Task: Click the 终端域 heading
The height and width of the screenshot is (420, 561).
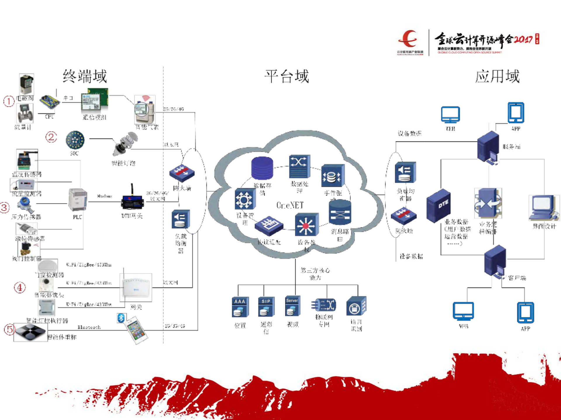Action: (x=85, y=76)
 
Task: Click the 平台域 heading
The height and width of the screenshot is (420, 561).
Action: (x=287, y=76)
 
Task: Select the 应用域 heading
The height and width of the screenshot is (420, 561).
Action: (x=497, y=76)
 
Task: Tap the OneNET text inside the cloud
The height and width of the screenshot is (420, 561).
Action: (x=290, y=205)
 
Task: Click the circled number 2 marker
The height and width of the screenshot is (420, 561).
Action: (x=51, y=137)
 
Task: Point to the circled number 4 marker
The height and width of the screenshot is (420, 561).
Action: (x=20, y=287)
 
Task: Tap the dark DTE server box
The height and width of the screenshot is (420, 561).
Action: (x=438, y=205)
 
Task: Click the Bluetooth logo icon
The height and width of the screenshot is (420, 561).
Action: (x=121, y=318)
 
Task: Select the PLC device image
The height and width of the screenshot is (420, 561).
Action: (x=77, y=200)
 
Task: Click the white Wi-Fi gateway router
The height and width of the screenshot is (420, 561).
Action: (x=136, y=287)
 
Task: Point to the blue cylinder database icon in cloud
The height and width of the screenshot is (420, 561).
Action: (x=262, y=168)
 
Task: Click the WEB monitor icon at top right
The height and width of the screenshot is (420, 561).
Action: (x=450, y=115)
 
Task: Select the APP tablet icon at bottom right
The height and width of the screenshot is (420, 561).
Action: (x=525, y=313)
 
